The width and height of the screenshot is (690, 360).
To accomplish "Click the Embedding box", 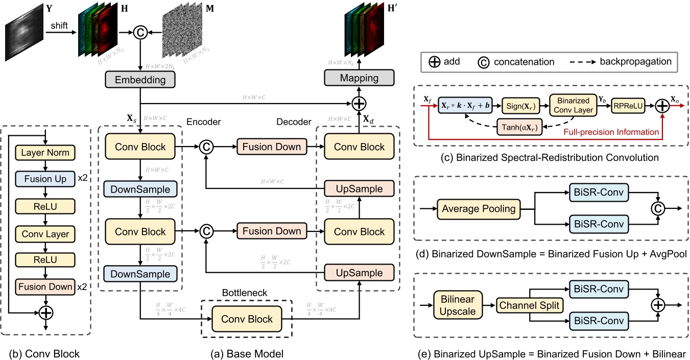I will (140, 80).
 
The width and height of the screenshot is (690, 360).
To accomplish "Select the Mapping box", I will (359, 78).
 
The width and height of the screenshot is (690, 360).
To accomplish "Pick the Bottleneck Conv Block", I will (247, 319).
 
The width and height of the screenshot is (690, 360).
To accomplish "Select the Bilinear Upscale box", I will (455, 304).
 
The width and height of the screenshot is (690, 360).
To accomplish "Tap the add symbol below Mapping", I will (359, 104).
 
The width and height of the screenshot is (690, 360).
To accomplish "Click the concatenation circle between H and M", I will (140, 33).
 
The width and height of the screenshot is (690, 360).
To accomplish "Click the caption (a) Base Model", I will (247, 353).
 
